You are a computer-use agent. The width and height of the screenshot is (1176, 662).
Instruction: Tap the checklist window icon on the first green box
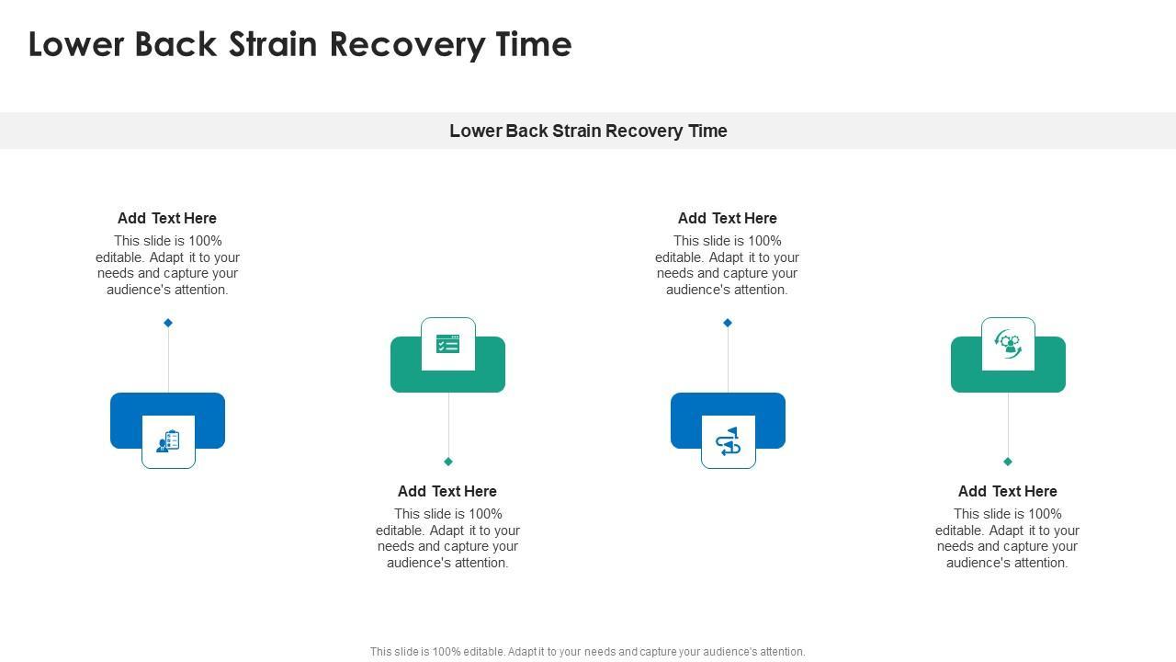[x=448, y=345]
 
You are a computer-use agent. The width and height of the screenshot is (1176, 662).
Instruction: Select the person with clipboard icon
[x=168, y=441]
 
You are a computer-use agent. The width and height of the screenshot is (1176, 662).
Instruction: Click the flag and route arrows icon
[x=729, y=441]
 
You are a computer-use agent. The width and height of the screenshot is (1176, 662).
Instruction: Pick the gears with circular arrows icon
[x=1008, y=344]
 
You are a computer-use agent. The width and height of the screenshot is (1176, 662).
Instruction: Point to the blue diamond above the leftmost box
[x=168, y=323]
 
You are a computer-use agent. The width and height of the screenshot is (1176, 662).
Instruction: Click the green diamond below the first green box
[x=448, y=462]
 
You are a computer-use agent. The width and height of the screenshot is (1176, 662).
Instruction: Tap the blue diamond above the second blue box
[x=728, y=323]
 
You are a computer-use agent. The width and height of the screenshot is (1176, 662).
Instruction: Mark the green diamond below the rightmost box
[x=1008, y=462]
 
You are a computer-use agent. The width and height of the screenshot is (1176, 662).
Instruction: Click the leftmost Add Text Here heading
[x=167, y=218]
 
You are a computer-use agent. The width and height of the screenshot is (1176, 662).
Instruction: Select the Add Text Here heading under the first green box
[x=447, y=491]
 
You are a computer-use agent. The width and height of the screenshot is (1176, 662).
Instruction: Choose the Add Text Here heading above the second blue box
[x=728, y=218]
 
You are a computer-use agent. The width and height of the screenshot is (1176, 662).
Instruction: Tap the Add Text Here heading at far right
[x=1008, y=491]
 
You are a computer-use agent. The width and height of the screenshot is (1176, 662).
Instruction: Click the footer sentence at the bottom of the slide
[x=588, y=652]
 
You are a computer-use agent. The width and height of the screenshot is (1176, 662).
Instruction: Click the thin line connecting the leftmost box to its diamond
[x=168, y=359]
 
